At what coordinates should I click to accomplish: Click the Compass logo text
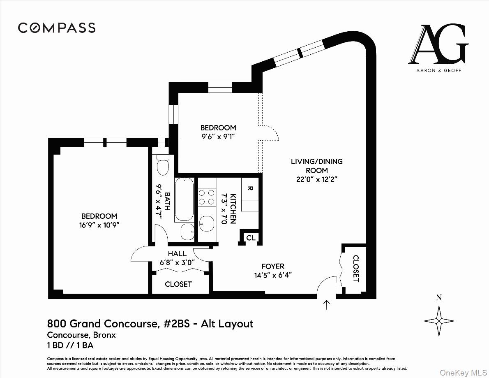57,28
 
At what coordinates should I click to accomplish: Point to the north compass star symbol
438,320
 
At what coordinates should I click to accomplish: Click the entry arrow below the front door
327,305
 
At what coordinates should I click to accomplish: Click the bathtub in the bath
184,199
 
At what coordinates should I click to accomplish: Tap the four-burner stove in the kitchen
207,197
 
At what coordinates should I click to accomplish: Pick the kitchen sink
207,224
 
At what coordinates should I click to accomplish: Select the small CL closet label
251,238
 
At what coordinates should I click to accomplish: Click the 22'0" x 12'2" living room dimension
316,179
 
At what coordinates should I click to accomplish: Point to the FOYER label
273,266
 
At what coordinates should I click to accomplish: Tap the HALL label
177,254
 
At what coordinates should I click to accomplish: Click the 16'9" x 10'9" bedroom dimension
99,225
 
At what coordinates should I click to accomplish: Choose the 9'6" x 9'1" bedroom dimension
218,136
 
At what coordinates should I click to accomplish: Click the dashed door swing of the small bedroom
270,132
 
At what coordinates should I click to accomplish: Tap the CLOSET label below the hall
178,284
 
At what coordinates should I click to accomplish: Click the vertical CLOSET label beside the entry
356,269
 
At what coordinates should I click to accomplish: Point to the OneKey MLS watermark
462,372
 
